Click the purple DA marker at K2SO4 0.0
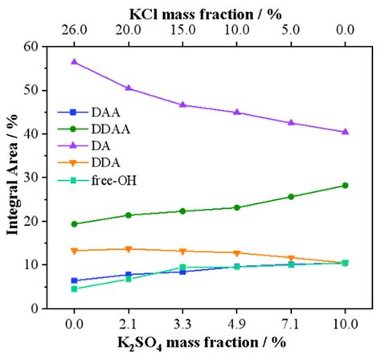point(74,62)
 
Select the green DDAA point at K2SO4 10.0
point(345,185)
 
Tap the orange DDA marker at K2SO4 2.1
point(128,249)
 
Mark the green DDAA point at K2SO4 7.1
point(291,197)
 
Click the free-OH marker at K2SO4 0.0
point(74,288)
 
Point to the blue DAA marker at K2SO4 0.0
point(74,280)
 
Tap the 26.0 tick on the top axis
point(74,31)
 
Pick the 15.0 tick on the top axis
point(182,31)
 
